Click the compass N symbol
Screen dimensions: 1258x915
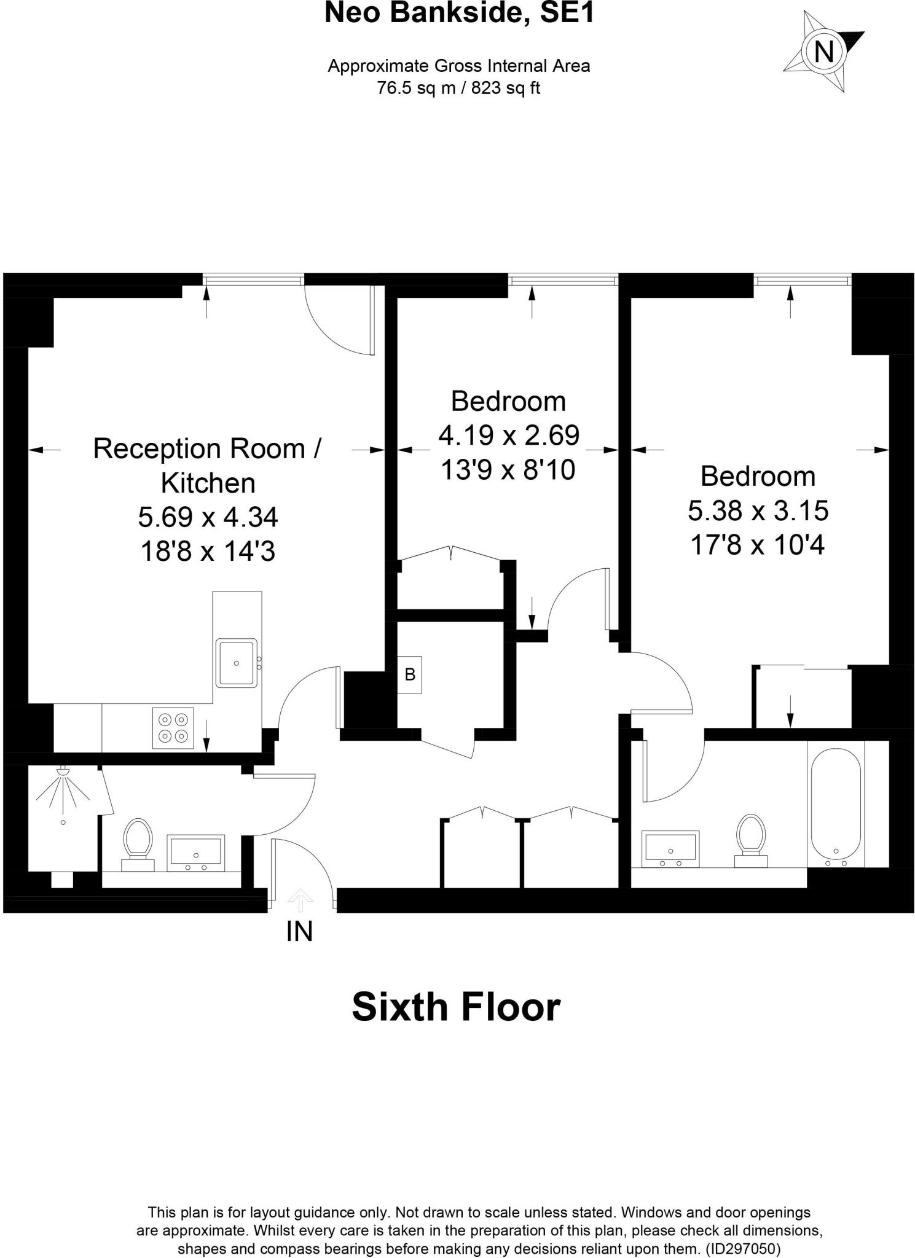pos(823,52)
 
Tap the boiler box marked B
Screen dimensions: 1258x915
pos(409,674)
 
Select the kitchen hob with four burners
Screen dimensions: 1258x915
pos(173,728)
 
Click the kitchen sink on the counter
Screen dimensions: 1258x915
pos(236,663)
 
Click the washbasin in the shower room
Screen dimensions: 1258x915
pos(196,853)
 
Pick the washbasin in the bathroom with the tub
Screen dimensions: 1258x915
pos(670,848)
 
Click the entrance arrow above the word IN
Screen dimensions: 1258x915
pos(300,900)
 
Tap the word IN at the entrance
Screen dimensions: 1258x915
pos(299,932)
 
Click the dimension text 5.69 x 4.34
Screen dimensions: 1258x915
pos(208,517)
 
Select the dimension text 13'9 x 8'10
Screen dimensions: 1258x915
pos(508,471)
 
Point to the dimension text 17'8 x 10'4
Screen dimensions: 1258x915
pos(757,545)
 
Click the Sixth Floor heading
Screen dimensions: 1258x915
pos(456,1007)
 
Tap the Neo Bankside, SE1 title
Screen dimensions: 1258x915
pos(459,14)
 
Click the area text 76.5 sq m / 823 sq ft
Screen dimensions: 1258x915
pos(458,88)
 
